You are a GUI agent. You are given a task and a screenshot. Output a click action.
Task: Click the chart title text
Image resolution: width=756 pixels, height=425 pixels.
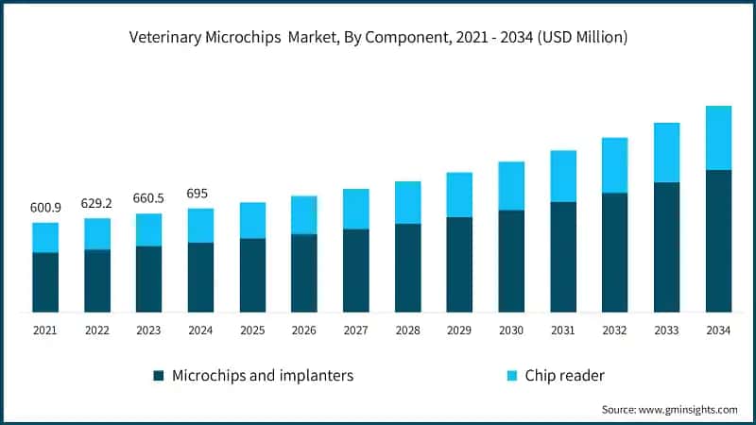tap(378, 38)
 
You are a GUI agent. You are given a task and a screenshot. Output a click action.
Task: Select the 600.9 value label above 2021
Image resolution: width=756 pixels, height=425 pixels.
tap(44, 208)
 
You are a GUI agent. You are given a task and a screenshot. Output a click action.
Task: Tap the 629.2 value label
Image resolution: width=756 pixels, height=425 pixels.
tap(96, 203)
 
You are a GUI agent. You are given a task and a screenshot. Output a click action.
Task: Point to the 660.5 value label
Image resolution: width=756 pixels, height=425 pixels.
tap(148, 198)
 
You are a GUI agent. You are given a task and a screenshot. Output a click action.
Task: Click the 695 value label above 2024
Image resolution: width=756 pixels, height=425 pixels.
tap(200, 194)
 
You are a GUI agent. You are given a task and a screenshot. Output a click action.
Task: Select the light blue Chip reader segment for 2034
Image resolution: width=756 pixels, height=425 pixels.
tap(718, 138)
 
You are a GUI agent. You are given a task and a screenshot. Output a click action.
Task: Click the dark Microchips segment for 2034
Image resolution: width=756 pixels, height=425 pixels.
tap(718, 241)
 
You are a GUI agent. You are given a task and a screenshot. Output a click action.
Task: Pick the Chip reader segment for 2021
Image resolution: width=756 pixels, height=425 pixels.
tap(45, 238)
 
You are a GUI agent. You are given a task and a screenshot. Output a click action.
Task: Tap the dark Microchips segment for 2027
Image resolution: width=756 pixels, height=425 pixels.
tap(356, 270)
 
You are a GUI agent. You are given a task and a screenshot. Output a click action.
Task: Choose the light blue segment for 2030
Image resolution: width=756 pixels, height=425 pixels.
tap(511, 186)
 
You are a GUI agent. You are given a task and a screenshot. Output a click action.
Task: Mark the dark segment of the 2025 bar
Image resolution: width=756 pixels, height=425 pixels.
tap(252, 275)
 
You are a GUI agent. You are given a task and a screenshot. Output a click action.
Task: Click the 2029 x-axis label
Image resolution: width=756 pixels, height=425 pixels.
tap(459, 331)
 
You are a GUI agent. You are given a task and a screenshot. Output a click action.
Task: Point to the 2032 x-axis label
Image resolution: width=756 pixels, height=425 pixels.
tap(614, 331)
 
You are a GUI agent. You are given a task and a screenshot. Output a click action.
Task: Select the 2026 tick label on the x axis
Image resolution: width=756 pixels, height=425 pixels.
tap(304, 331)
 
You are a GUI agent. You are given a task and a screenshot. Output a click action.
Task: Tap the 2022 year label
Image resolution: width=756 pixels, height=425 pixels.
tap(96, 331)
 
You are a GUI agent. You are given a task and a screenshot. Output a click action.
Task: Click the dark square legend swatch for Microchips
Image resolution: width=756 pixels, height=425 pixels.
tap(159, 376)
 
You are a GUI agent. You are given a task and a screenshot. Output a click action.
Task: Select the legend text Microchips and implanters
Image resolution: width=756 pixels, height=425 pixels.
tap(263, 376)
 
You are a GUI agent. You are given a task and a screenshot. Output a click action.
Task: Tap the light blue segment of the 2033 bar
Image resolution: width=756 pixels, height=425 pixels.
tap(666, 152)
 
